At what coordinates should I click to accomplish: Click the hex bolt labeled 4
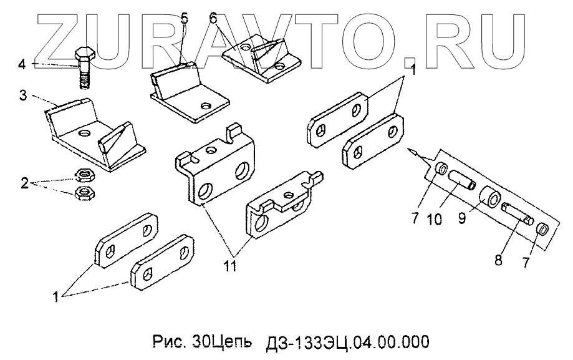[x=84, y=69]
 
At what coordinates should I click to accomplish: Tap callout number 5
[x=184, y=18]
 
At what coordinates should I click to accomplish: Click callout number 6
[x=213, y=18]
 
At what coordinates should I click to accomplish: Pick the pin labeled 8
[x=516, y=213]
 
